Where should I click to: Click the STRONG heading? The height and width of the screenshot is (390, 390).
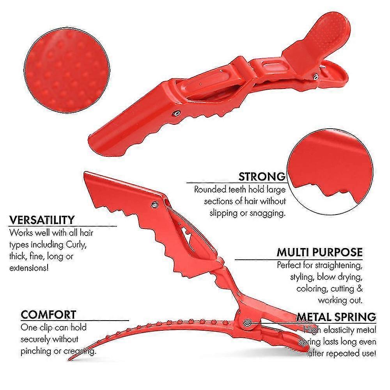coord(262,176)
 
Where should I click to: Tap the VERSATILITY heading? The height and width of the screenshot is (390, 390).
coord(42,220)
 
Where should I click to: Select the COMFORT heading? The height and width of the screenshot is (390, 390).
coord(48,315)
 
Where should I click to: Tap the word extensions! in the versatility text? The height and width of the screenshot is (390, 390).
coord(29,268)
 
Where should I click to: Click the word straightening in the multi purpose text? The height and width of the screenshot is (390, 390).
coord(339,265)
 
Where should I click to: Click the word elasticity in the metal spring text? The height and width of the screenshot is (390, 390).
coord(335,330)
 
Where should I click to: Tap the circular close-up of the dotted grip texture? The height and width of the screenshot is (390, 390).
coord(67,70)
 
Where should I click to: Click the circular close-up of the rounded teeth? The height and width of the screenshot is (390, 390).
coord(330,172)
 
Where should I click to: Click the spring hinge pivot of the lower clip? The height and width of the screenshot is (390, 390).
coord(248,323)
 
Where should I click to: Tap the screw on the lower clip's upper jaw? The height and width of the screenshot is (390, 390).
coord(154,205)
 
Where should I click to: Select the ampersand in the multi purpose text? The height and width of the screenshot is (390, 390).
coord(360,289)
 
